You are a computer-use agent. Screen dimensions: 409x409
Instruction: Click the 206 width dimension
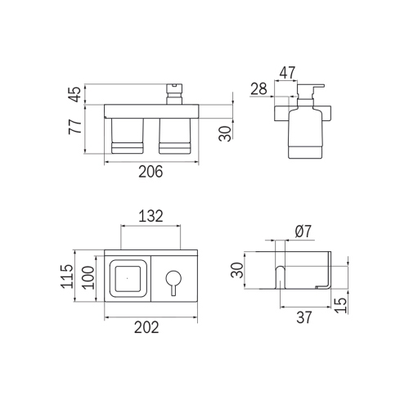coord(151,172)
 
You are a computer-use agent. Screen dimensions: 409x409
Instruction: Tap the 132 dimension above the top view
coord(150,216)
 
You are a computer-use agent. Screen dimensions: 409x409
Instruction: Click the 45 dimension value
coord(74,94)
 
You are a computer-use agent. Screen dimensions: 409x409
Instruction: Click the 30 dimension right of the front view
coord(225,132)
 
